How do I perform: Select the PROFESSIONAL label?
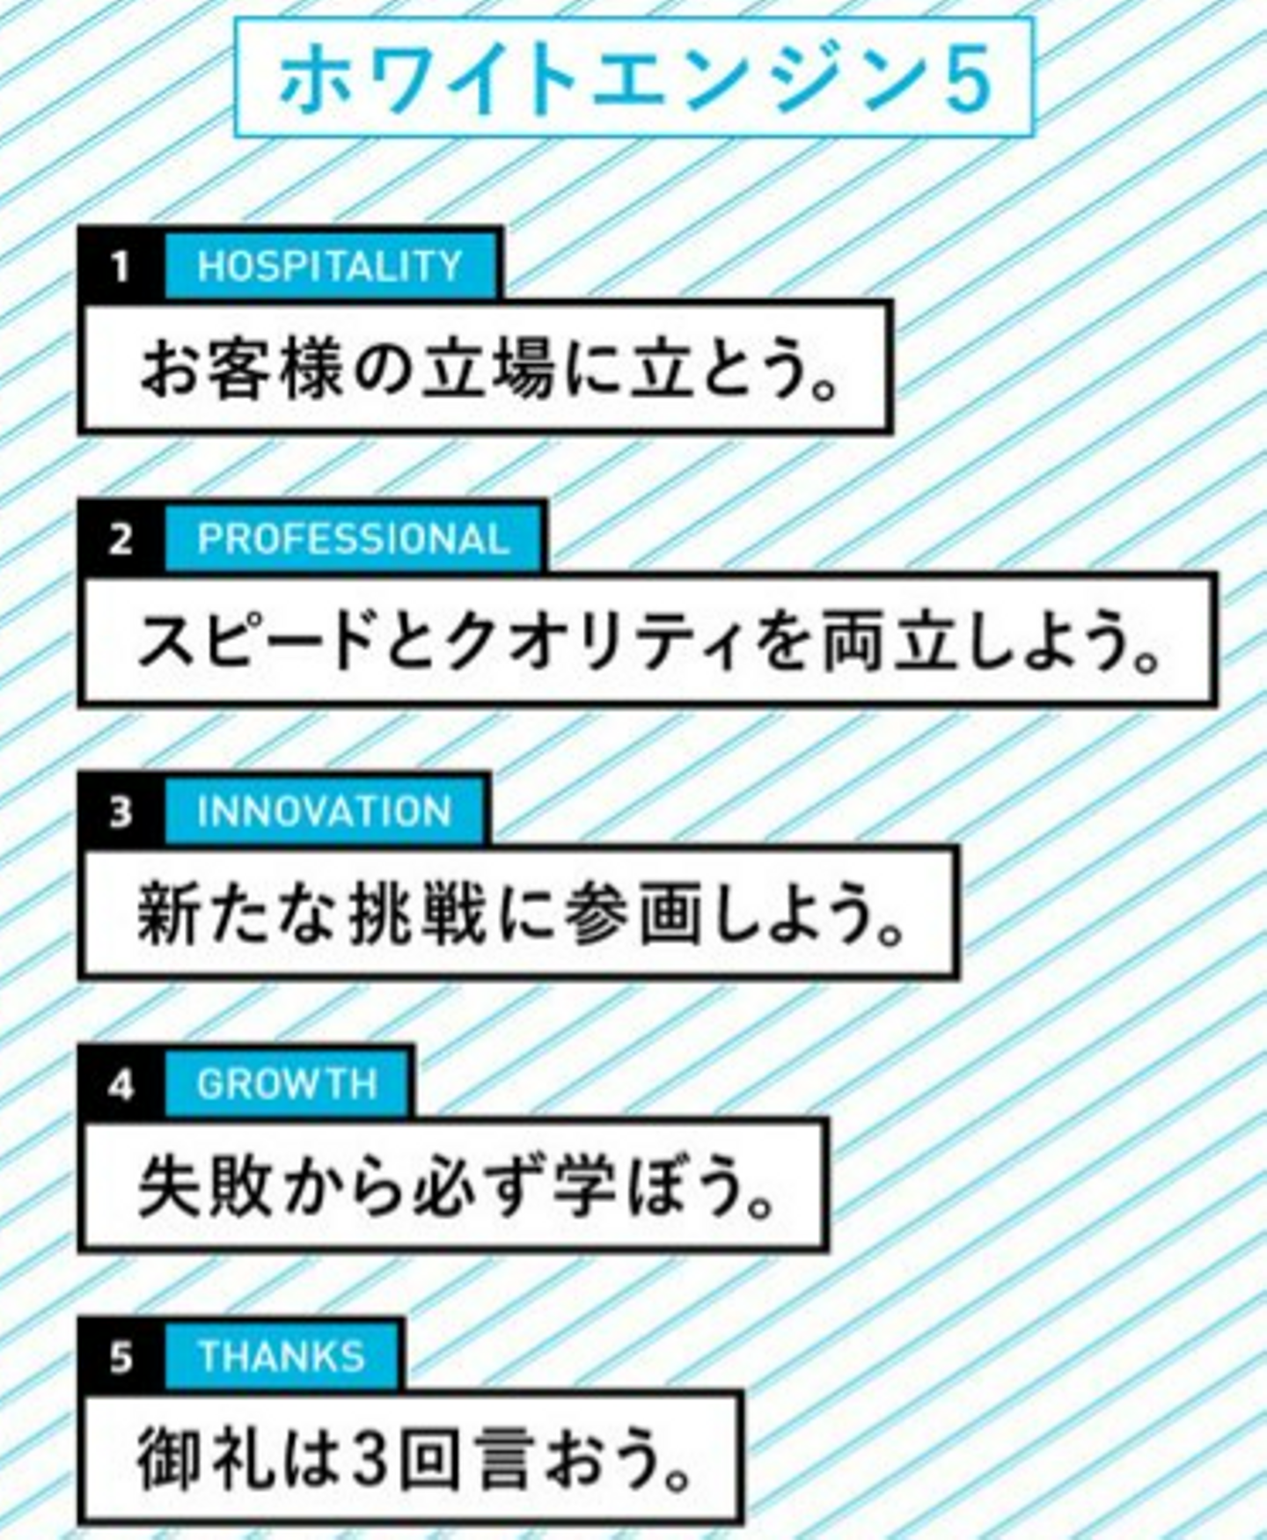[x=353, y=539]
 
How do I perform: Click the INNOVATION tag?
[x=324, y=811]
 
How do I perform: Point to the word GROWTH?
[x=287, y=1084]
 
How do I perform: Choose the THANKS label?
[x=282, y=1356]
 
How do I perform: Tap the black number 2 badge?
[x=121, y=539]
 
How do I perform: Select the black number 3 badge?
[x=121, y=811]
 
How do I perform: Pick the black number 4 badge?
[x=121, y=1084]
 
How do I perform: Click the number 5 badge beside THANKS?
[x=121, y=1356]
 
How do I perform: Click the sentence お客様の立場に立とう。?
[x=488, y=369]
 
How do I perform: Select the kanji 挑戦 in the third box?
[x=417, y=914]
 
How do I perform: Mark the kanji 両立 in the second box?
[x=889, y=642]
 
